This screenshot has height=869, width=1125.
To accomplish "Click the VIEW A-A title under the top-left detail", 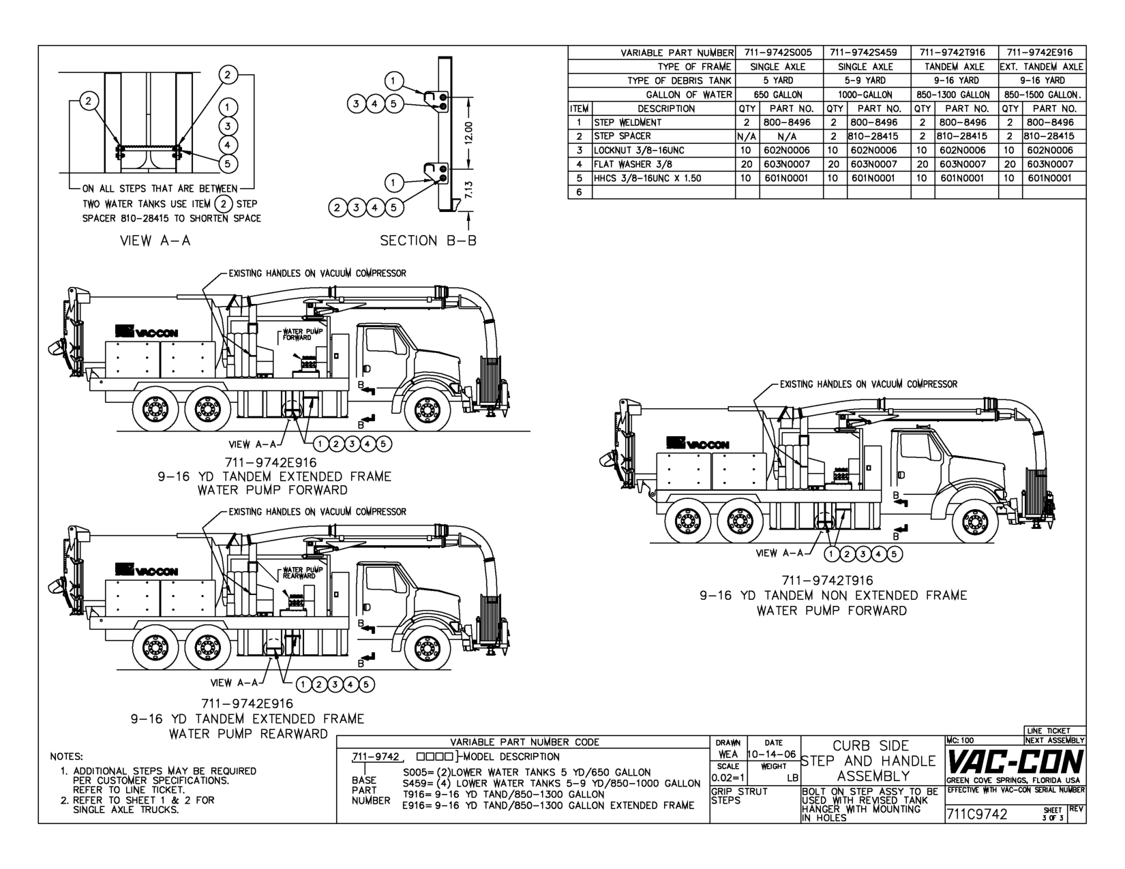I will point(155,241).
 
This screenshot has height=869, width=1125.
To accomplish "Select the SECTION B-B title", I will point(428,241).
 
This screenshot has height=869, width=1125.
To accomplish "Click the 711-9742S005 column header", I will point(778,52).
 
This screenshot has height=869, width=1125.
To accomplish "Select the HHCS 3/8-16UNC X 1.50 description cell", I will point(648,179).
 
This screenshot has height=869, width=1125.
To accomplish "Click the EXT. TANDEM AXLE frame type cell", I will point(1042,67).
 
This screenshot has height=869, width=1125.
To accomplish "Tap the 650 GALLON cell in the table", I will point(778,95).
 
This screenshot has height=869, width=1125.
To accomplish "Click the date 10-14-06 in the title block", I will point(772,754).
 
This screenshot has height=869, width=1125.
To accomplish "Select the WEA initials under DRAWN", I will point(727,754).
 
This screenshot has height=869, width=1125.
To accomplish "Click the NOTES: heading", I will point(67,757).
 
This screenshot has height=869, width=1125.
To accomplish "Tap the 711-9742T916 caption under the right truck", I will point(827,581).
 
